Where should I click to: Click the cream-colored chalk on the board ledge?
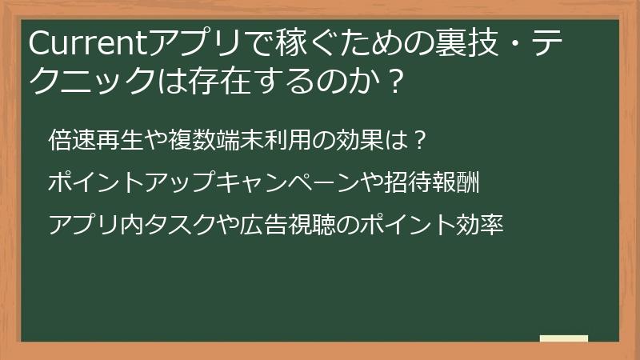[564, 339]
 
